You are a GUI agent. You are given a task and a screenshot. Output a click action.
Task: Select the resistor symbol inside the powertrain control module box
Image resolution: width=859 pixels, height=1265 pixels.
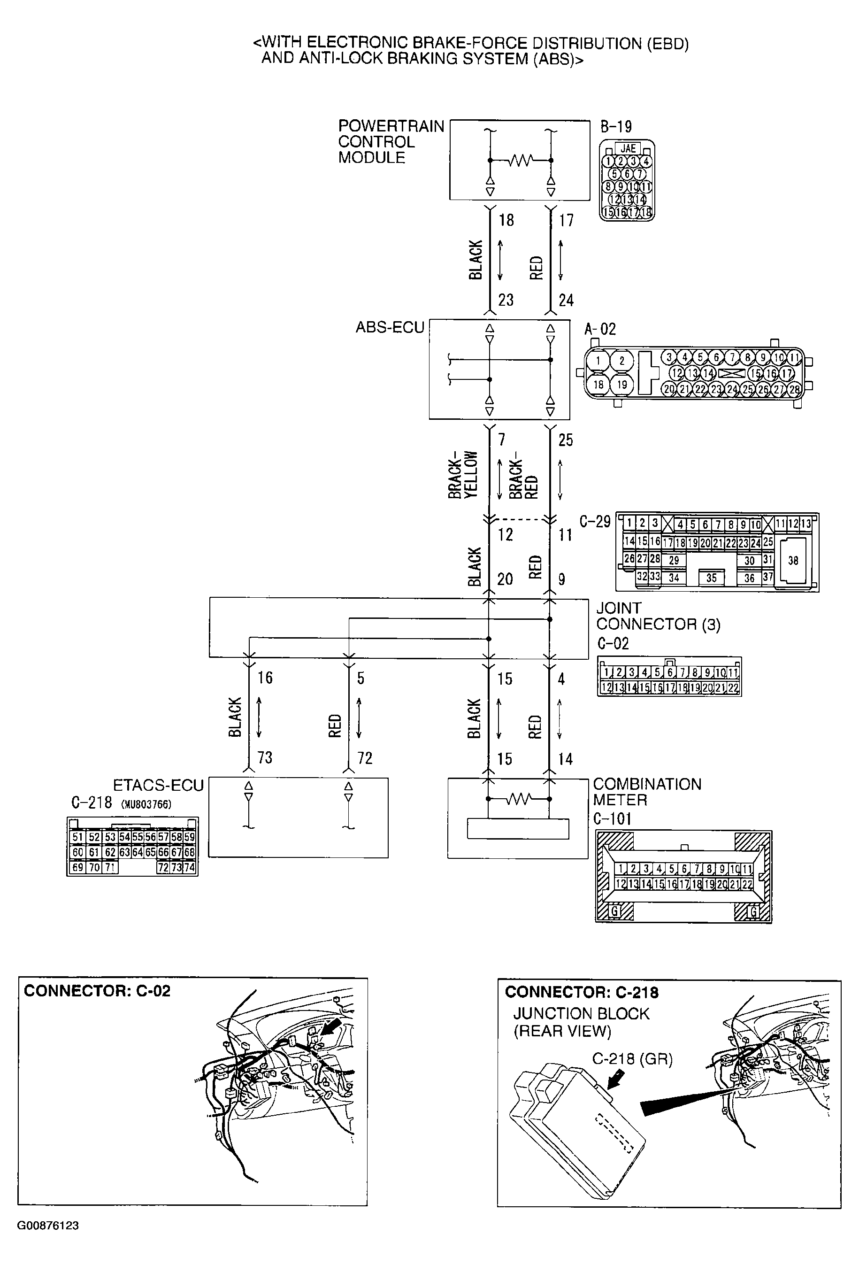tap(520, 161)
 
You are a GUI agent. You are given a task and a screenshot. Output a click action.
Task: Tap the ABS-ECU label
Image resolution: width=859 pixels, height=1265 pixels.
tap(390, 328)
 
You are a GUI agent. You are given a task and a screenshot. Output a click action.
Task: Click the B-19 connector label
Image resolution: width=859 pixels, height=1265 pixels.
tap(616, 127)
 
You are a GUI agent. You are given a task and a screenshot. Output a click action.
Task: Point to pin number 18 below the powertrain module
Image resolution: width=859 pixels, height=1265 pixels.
tap(506, 220)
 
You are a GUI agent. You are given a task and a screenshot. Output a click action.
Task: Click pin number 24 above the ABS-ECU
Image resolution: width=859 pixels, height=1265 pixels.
tap(566, 300)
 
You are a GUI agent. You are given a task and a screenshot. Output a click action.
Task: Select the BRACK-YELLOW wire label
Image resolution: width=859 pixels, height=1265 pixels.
tap(462, 475)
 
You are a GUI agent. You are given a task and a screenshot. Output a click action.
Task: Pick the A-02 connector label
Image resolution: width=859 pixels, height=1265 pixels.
tap(599, 329)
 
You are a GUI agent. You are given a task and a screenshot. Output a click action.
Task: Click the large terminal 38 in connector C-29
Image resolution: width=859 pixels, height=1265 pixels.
tap(793, 561)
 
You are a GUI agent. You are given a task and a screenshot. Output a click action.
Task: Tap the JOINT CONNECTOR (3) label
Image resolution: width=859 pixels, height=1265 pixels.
tap(657, 616)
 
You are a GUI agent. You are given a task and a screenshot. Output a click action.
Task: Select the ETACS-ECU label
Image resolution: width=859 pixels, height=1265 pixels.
tap(158, 786)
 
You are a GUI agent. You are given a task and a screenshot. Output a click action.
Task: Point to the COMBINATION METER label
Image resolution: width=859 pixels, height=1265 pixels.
tap(646, 792)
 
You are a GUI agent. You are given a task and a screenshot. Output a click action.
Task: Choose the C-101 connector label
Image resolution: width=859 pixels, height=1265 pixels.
tap(612, 818)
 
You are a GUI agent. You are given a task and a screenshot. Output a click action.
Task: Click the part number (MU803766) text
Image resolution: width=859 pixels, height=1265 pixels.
tap(146, 804)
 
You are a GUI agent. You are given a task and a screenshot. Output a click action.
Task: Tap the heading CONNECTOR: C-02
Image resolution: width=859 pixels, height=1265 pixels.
tap(97, 991)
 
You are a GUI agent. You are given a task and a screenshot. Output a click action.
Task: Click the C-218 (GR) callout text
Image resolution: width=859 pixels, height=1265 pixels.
tap(632, 1059)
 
